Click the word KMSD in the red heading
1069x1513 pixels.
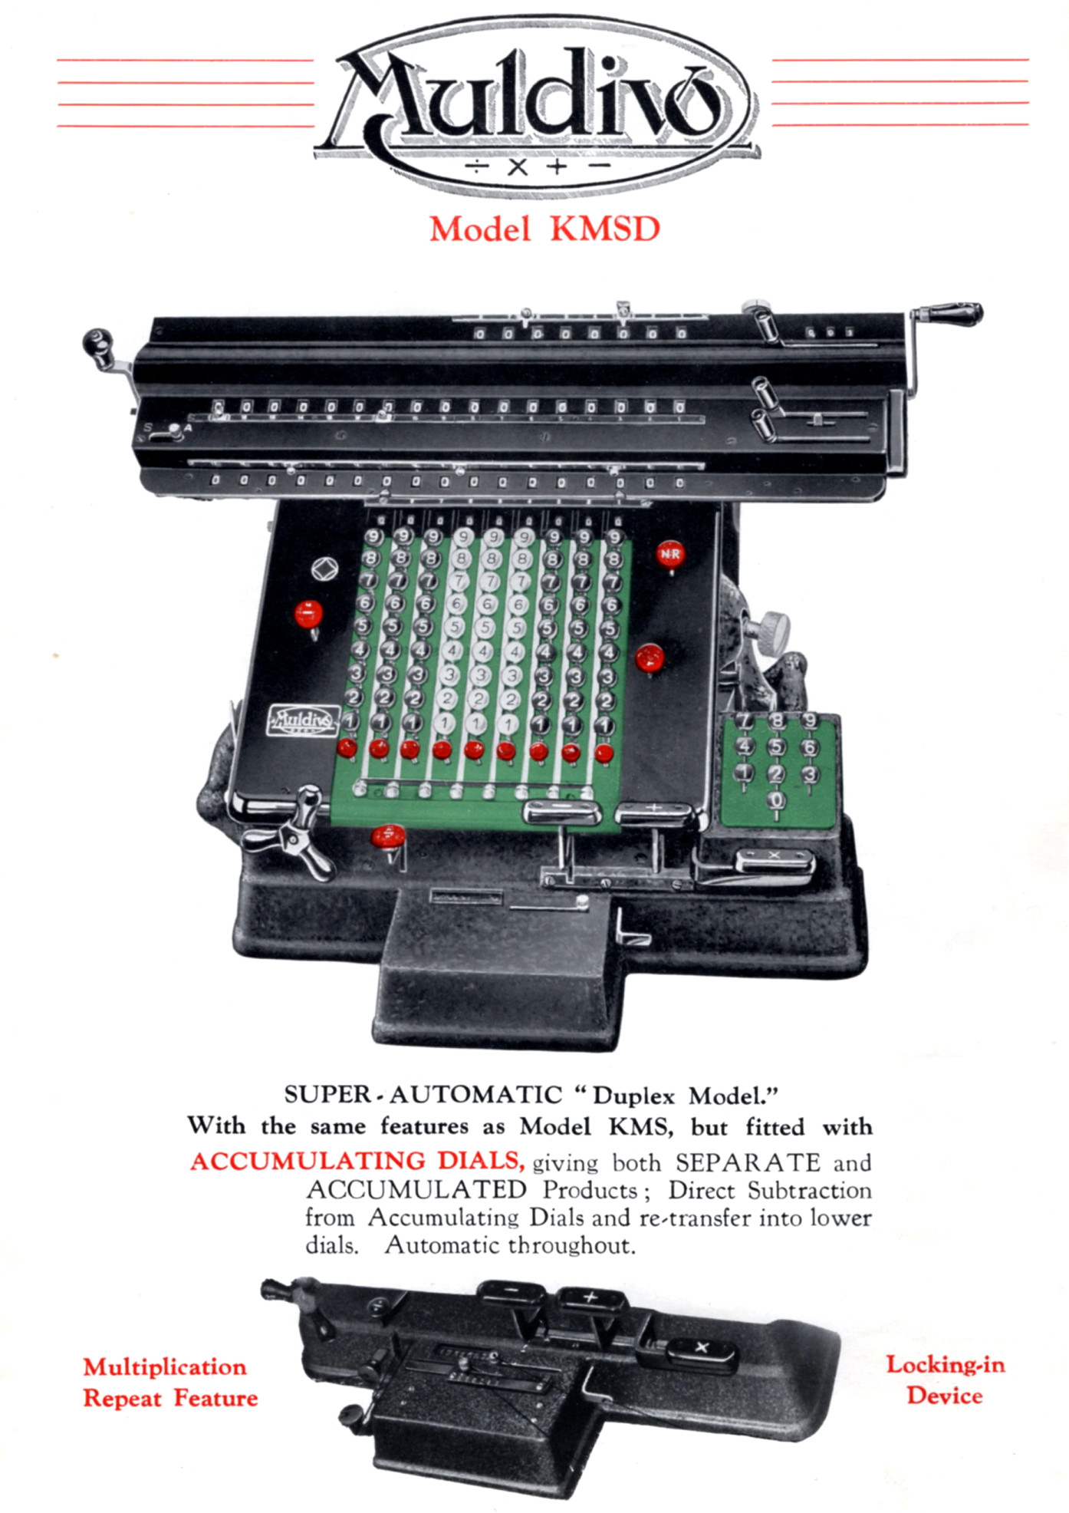click(605, 229)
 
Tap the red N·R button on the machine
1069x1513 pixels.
click(669, 554)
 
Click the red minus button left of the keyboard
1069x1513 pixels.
click(308, 614)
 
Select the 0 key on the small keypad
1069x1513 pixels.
click(777, 800)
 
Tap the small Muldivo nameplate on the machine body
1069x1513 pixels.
click(303, 721)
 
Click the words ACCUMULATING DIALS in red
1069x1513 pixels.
click(357, 1161)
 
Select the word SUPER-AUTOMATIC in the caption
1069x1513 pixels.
click(423, 1094)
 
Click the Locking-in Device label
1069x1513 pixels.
click(946, 1379)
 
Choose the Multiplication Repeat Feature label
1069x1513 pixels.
click(170, 1382)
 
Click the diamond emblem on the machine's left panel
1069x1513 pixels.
click(325, 569)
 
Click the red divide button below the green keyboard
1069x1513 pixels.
click(388, 836)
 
